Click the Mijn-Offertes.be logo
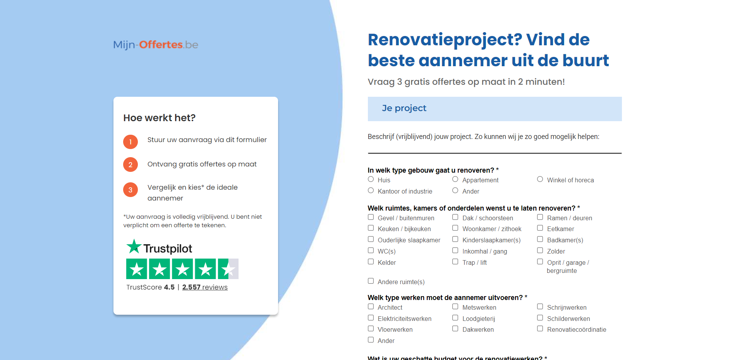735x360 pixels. (x=156, y=45)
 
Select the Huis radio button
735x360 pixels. (x=371, y=179)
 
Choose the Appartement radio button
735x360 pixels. (x=455, y=179)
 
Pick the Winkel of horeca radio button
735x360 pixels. (x=540, y=179)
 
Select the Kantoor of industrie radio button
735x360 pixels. (x=371, y=190)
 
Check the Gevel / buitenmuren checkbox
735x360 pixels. (x=371, y=217)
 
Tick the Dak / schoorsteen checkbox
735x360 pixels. (x=455, y=217)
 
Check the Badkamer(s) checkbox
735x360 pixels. (x=540, y=239)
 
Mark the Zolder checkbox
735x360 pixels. (x=540, y=250)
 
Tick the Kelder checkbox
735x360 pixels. (x=371, y=262)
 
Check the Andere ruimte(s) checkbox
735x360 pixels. (x=371, y=281)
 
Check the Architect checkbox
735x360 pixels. (x=371, y=307)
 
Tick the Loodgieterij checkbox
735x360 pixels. (x=455, y=318)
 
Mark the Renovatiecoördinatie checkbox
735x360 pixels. (x=540, y=329)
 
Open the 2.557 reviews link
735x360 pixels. (x=205, y=287)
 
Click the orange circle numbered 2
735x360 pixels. (x=131, y=165)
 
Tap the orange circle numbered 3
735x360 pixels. (x=131, y=190)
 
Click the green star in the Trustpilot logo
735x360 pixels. (x=134, y=246)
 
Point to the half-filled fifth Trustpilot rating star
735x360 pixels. (x=228, y=269)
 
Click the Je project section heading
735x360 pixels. (x=404, y=108)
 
